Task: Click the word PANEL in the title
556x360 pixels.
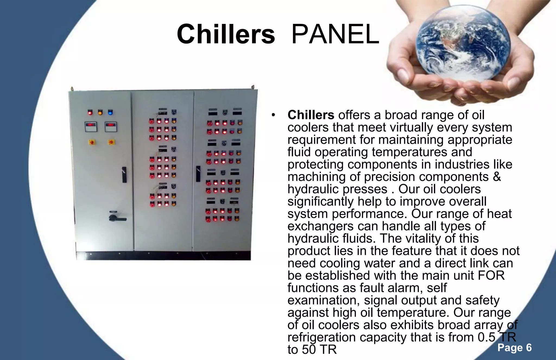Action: click(x=335, y=34)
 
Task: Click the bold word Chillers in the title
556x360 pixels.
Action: click(x=226, y=34)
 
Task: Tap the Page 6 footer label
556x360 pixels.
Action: click(x=514, y=348)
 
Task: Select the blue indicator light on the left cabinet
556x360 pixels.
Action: click(x=110, y=112)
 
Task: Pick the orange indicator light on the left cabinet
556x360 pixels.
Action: click(x=100, y=112)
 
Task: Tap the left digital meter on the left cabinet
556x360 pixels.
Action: click(x=91, y=126)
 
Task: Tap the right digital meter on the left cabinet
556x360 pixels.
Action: click(x=111, y=126)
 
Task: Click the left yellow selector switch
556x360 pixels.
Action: click(x=92, y=142)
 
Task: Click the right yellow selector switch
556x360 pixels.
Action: click(x=111, y=142)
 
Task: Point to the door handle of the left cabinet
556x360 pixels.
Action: click(x=124, y=175)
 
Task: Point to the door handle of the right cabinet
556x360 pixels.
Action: click(x=198, y=174)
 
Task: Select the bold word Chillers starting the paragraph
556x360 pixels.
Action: click(x=311, y=115)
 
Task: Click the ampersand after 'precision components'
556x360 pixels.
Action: click(x=497, y=177)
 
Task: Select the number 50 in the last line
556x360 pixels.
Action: click(x=309, y=350)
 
